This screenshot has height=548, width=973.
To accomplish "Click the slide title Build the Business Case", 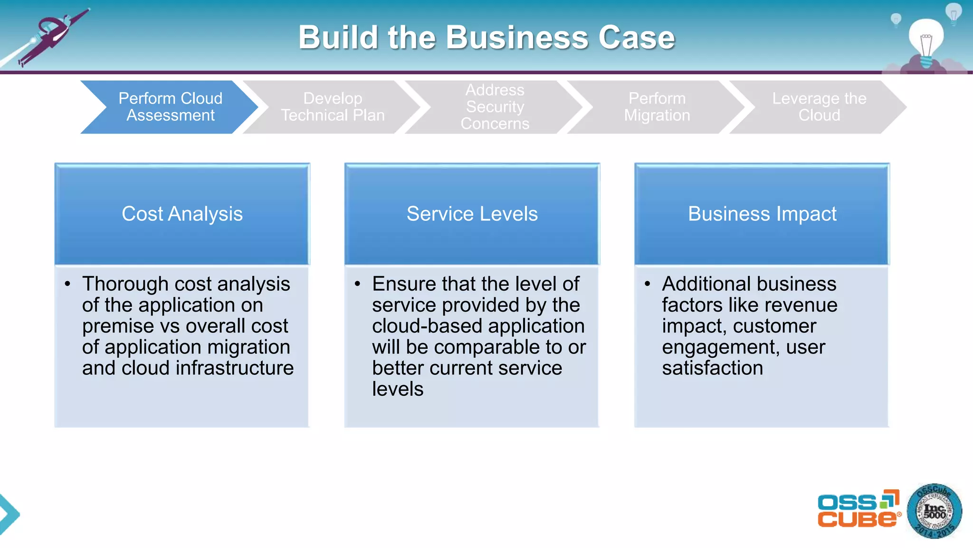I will pos(486,37).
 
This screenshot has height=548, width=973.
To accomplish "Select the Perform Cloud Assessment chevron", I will pos(170,107).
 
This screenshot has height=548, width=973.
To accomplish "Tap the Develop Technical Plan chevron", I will pos(333,107).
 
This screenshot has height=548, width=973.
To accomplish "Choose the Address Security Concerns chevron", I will pos(495,107).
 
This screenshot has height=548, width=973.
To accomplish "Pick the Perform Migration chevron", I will pos(657,107).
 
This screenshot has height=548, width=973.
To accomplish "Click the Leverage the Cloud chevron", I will pos(819,107).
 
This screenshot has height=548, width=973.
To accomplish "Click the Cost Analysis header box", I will pos(182,214).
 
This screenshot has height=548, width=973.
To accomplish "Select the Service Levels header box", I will pos(472,214).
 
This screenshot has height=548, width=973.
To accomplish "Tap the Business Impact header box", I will pos(762,214).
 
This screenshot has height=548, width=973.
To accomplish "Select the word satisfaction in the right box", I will pos(712,368).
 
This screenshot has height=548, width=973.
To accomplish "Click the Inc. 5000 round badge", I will pos(934,511).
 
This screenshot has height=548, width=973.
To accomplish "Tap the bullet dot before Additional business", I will pos(647,284).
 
